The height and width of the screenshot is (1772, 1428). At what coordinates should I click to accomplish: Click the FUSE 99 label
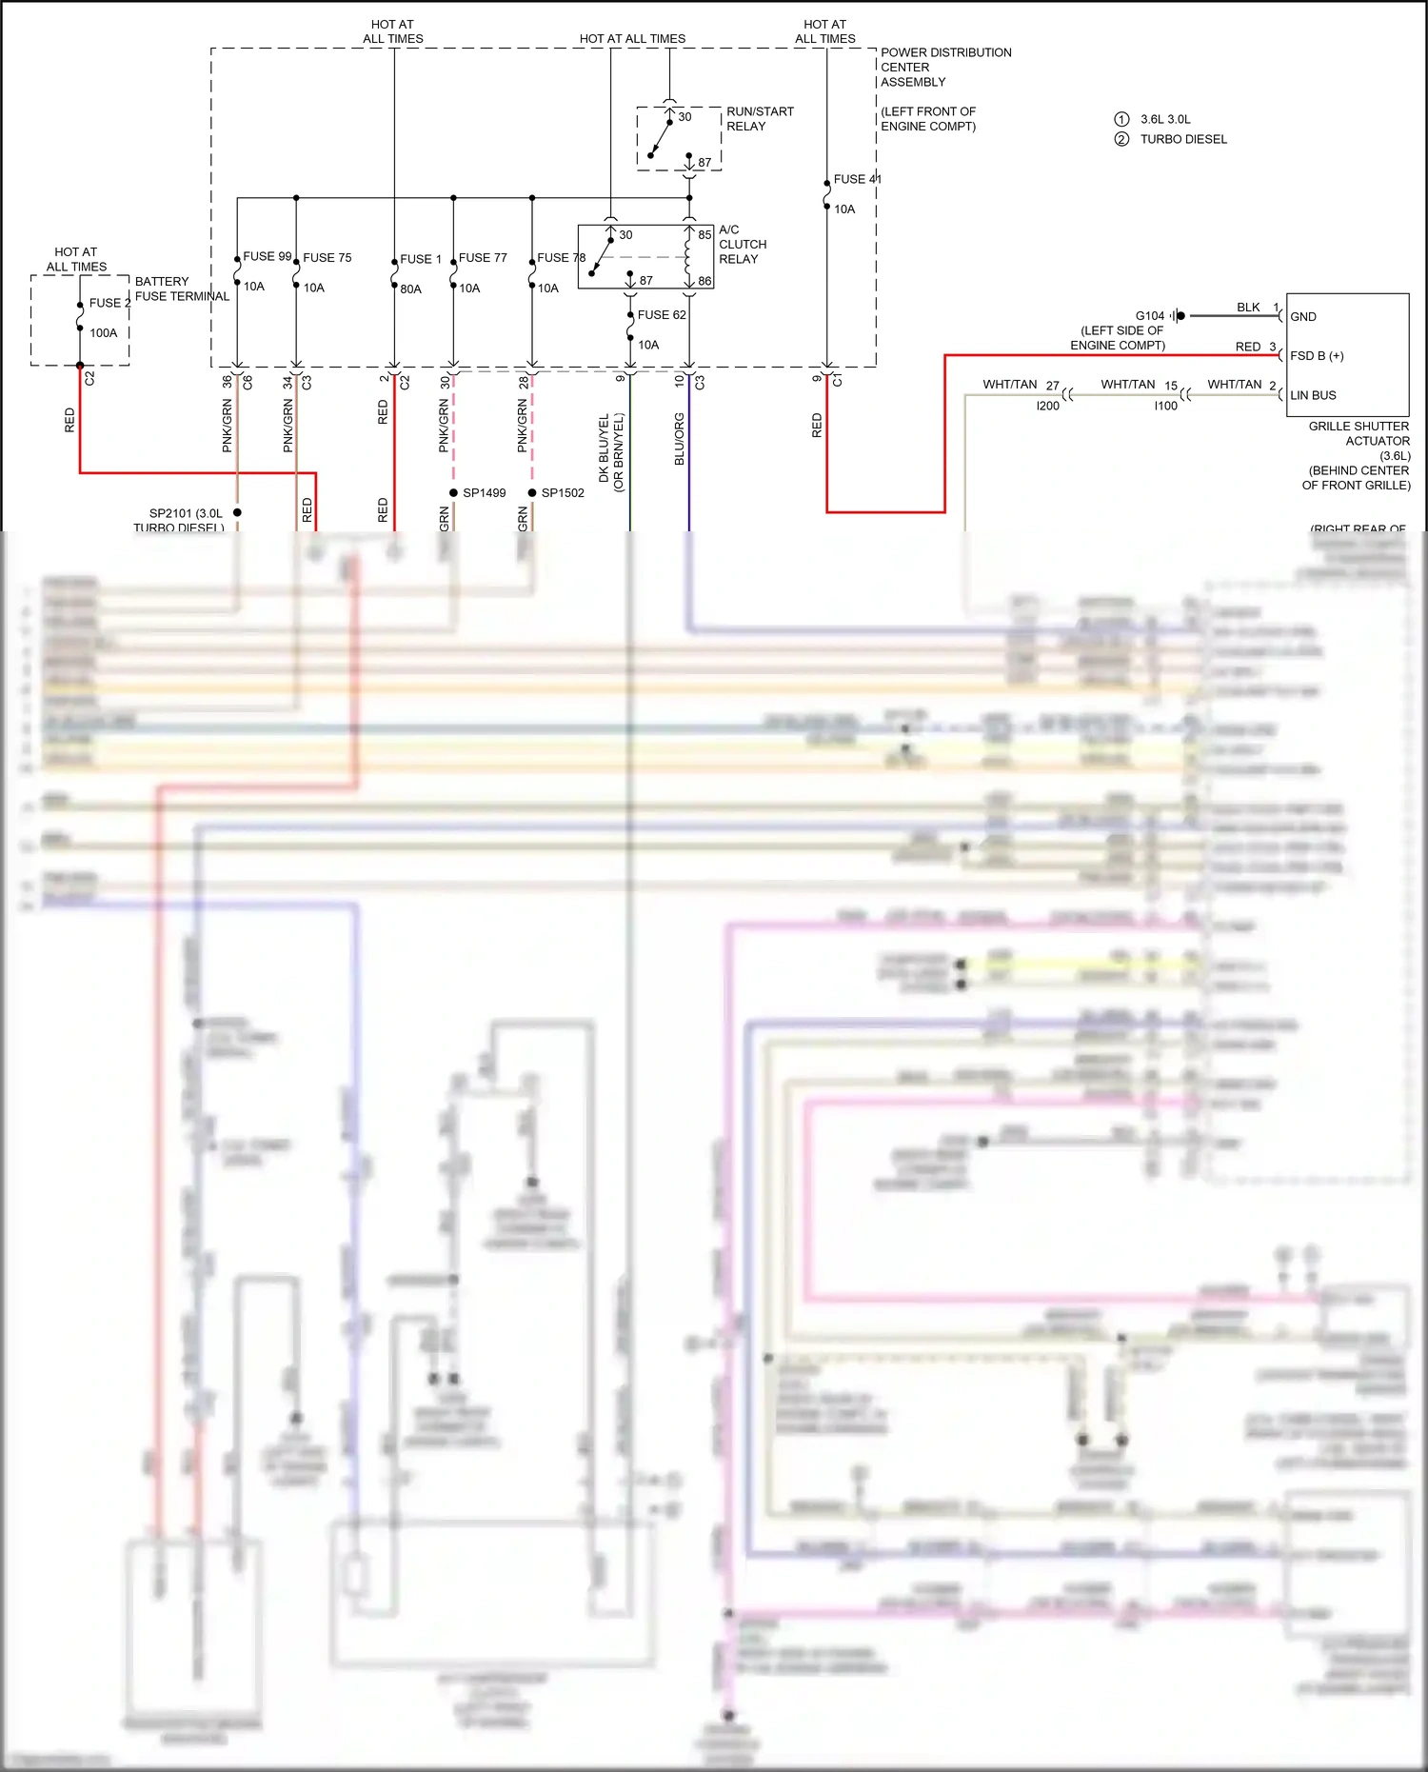click(267, 256)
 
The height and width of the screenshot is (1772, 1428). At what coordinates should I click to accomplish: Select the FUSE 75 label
click(327, 258)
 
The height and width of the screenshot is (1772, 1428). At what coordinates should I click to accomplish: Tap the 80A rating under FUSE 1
click(410, 289)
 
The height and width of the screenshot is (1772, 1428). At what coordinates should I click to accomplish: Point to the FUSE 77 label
click(483, 258)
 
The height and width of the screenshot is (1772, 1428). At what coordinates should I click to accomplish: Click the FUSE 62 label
click(662, 315)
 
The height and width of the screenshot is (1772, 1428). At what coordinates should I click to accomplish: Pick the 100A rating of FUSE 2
click(104, 333)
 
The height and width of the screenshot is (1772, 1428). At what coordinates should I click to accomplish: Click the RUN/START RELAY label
click(760, 119)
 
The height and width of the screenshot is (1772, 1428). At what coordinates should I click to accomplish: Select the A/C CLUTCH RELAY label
click(742, 245)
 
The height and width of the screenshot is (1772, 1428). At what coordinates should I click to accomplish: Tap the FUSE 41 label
click(857, 179)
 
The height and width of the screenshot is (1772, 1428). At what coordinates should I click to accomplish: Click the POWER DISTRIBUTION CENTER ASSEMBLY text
click(944, 68)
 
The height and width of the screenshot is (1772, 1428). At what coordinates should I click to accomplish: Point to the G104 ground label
click(1149, 316)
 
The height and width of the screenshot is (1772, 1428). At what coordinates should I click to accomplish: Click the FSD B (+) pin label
click(1317, 356)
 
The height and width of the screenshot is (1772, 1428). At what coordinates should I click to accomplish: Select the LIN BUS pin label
click(1313, 395)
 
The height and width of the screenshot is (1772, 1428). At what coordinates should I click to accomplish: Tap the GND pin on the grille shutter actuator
click(1302, 317)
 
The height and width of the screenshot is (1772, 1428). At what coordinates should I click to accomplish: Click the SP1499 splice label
click(484, 493)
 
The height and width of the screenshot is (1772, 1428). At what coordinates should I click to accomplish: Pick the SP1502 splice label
click(563, 493)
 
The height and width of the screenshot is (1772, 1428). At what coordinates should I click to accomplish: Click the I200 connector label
click(1047, 406)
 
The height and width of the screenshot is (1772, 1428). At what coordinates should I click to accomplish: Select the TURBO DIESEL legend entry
click(1183, 139)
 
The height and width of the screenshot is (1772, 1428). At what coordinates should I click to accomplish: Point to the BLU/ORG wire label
click(680, 439)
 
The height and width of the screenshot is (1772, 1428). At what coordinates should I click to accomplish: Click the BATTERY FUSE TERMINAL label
click(181, 289)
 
